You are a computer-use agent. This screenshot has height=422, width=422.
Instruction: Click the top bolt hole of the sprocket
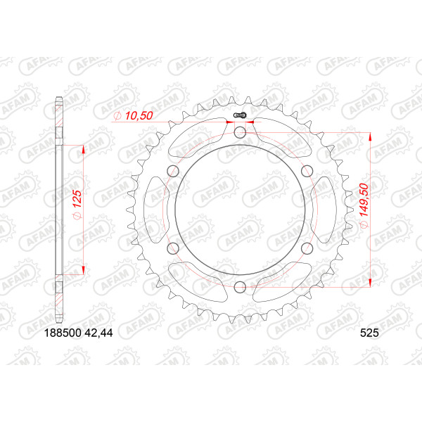(240, 132)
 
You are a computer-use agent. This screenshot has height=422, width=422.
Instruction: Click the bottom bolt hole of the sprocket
(240, 287)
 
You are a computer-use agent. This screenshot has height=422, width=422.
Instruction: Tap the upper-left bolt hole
(173, 171)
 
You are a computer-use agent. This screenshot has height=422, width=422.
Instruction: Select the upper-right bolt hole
(307, 171)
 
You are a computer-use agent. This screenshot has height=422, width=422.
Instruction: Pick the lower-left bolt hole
(173, 248)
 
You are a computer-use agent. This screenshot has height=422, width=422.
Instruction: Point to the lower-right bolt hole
(307, 248)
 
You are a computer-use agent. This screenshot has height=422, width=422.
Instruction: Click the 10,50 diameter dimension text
(133, 116)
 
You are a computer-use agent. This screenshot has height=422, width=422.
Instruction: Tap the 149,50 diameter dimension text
(364, 205)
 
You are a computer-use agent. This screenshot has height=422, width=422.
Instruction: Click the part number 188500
(63, 333)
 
